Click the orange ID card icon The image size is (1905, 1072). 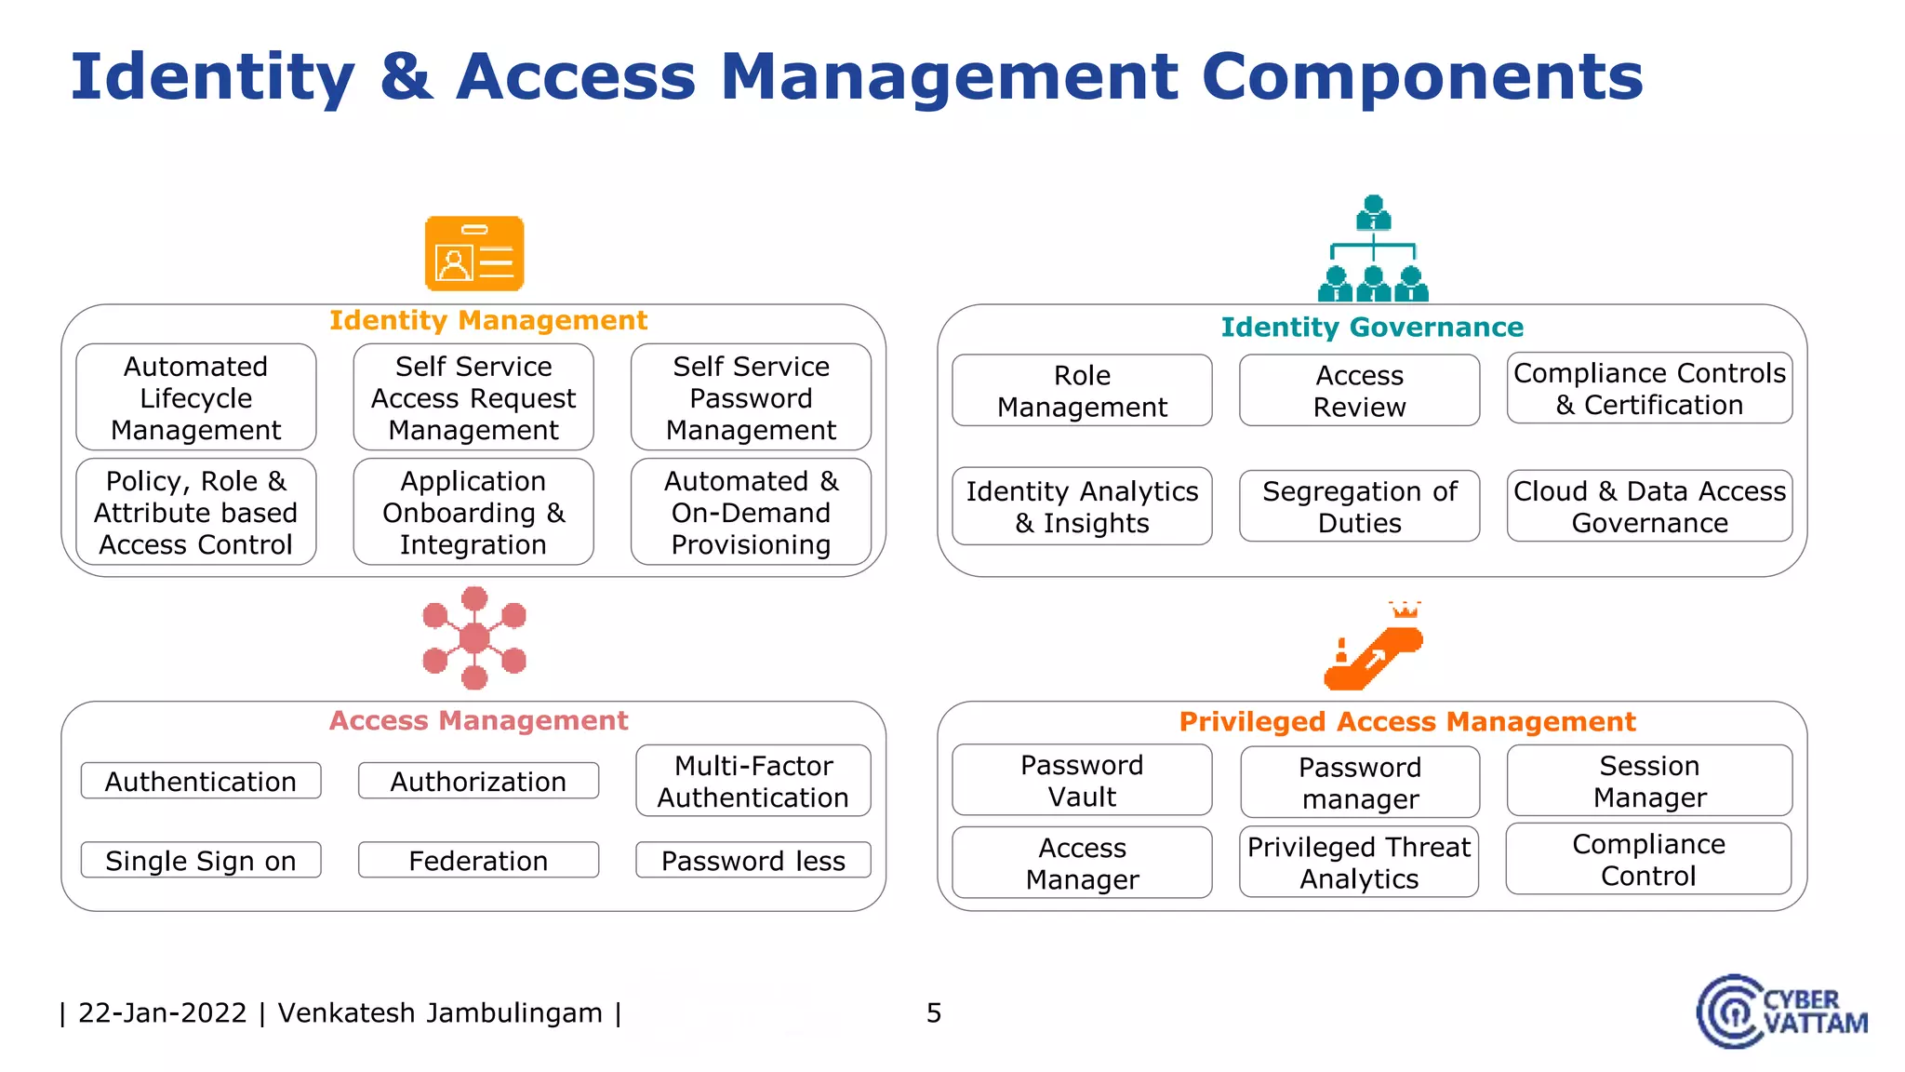474,254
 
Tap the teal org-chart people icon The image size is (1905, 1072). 1373,249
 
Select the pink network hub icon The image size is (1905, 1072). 474,638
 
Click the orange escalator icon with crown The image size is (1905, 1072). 1374,649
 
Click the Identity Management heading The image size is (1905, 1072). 488,320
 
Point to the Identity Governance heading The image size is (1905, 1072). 1372,328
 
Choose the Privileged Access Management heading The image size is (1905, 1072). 1406,722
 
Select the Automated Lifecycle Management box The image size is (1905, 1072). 196,398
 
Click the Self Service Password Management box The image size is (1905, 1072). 751,398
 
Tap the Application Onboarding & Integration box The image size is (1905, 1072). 473,513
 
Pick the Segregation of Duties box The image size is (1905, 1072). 1359,507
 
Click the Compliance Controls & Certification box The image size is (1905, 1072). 1649,389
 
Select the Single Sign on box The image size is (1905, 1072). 201,861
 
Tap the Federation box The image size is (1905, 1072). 478,861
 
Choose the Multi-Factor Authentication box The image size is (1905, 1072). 753,782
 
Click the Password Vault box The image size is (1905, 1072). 1082,781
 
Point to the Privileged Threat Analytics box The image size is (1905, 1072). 1359,863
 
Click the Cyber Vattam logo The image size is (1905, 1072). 1781,1012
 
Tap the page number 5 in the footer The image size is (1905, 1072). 934,1012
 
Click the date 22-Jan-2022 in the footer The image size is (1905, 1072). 163,1012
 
